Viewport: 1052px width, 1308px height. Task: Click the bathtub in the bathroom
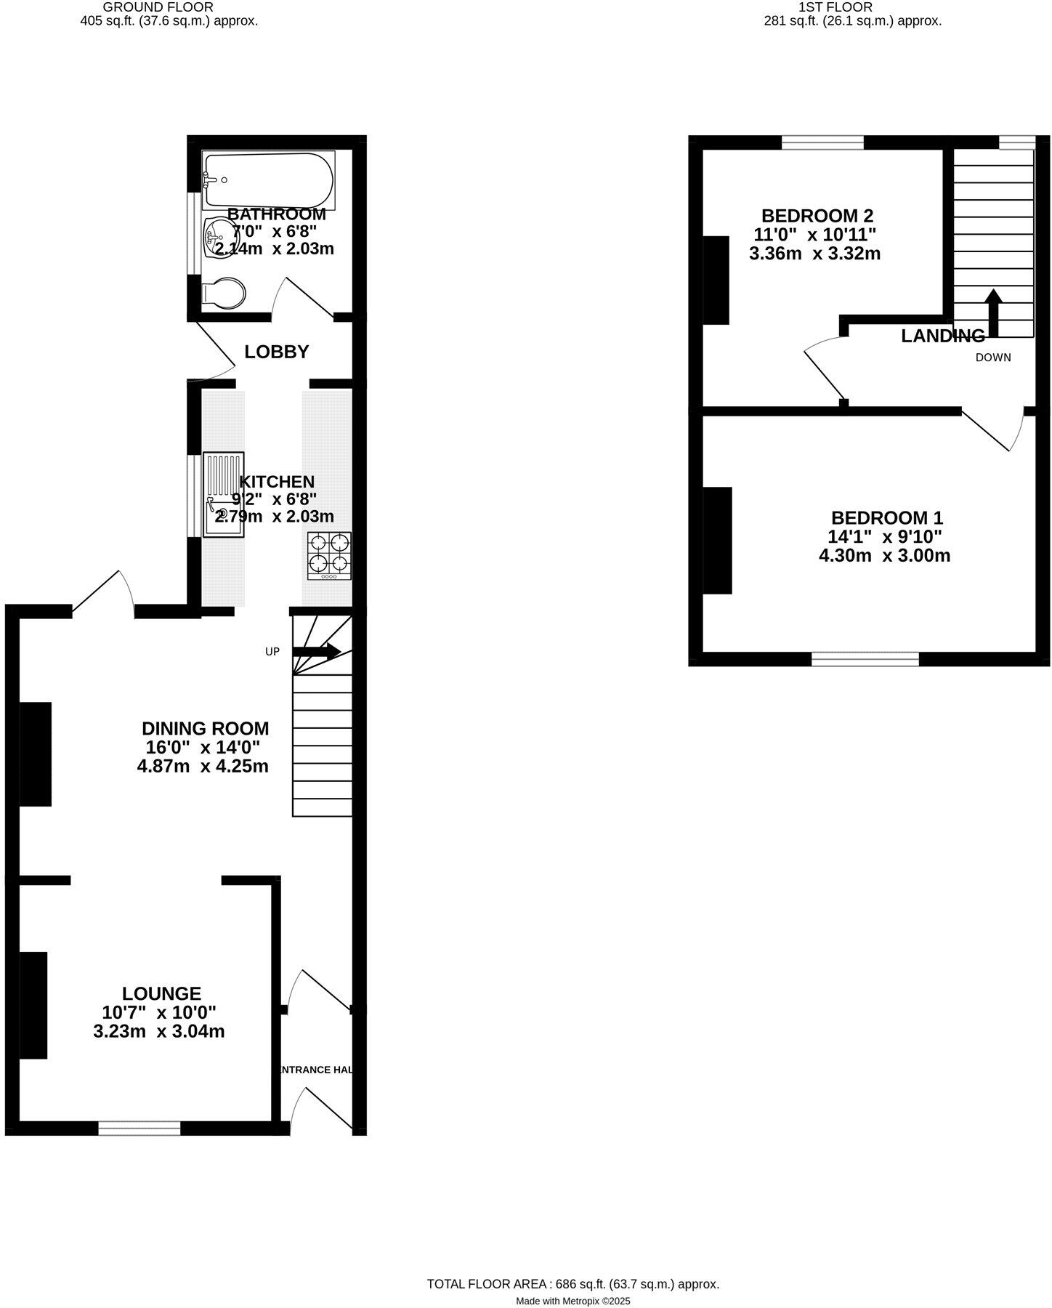tap(268, 179)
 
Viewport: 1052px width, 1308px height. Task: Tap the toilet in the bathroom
tap(224, 294)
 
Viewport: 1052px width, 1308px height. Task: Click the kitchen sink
tap(223, 495)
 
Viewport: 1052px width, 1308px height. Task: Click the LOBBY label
tap(276, 352)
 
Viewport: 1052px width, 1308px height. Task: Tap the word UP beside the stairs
tap(272, 652)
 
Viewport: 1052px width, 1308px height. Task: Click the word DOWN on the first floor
tap(993, 358)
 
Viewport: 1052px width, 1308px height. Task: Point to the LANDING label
tap(943, 336)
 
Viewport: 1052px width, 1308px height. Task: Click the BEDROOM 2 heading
tap(817, 216)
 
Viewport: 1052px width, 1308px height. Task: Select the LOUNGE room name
tap(161, 993)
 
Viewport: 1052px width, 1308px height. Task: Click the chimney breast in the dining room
tap(35, 754)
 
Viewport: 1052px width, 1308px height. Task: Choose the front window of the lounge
tap(139, 1128)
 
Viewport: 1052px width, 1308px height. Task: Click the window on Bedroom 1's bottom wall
tap(865, 659)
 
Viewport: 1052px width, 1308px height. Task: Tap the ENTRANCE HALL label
tap(317, 1070)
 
